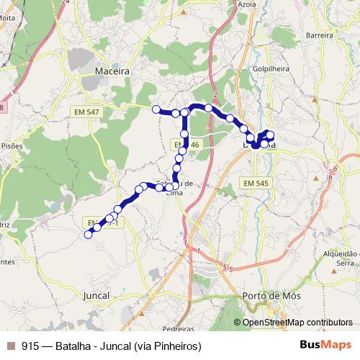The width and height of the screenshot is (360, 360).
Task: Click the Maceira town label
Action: pos(112,71)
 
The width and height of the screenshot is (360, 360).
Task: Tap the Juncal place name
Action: pos(96,295)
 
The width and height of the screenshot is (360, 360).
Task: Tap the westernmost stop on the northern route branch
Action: pos(156,109)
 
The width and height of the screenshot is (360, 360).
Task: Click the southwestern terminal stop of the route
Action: pos(89,234)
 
